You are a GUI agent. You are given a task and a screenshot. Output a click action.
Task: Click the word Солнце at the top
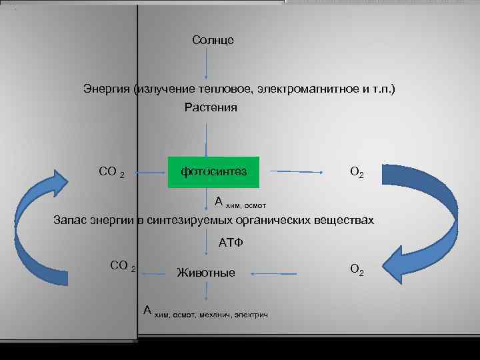[213, 41]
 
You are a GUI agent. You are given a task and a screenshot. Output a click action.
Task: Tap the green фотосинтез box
[213, 172]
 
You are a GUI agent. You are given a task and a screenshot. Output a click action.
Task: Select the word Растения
[211, 107]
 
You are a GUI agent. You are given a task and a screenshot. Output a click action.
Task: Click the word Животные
[205, 273]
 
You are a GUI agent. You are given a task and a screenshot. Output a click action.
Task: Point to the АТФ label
[231, 243]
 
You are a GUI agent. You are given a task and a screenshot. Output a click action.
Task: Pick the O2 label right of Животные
[357, 270]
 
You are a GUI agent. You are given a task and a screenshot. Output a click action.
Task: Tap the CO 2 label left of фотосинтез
[111, 172]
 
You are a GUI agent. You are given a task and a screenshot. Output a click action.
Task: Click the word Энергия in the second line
[106, 89]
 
